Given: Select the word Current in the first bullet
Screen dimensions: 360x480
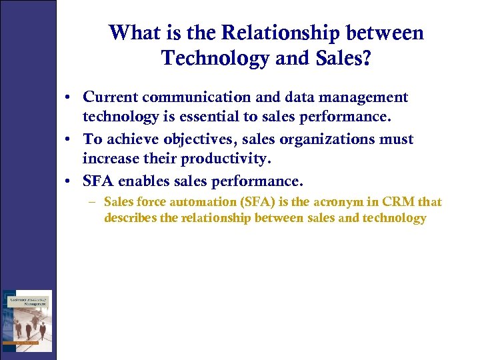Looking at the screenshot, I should (109, 97).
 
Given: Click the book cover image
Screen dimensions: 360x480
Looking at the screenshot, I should (27, 321).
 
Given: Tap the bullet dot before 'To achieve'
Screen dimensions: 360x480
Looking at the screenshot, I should (70, 139).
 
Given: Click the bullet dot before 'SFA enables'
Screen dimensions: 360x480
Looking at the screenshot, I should (70, 181).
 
